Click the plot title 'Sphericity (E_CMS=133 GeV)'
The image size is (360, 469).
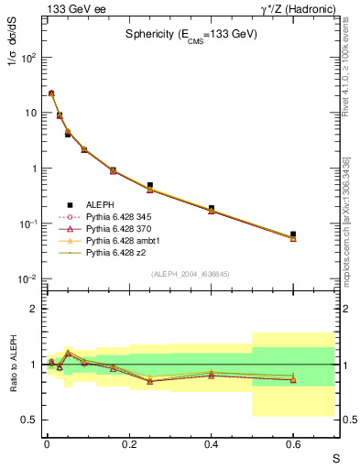click(x=191, y=34)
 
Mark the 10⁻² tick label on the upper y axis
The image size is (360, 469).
click(x=27, y=279)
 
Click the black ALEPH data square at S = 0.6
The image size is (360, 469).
click(x=293, y=234)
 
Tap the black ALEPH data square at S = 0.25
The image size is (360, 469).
click(x=149, y=185)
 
